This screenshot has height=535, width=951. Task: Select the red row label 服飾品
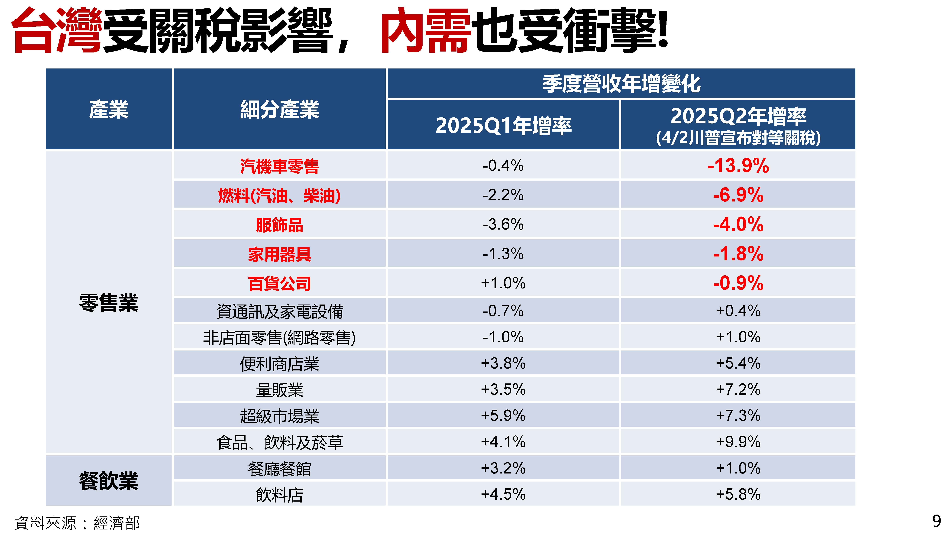[x=279, y=225]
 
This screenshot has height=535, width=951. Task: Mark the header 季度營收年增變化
[x=621, y=84]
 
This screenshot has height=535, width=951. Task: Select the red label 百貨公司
[x=279, y=284]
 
